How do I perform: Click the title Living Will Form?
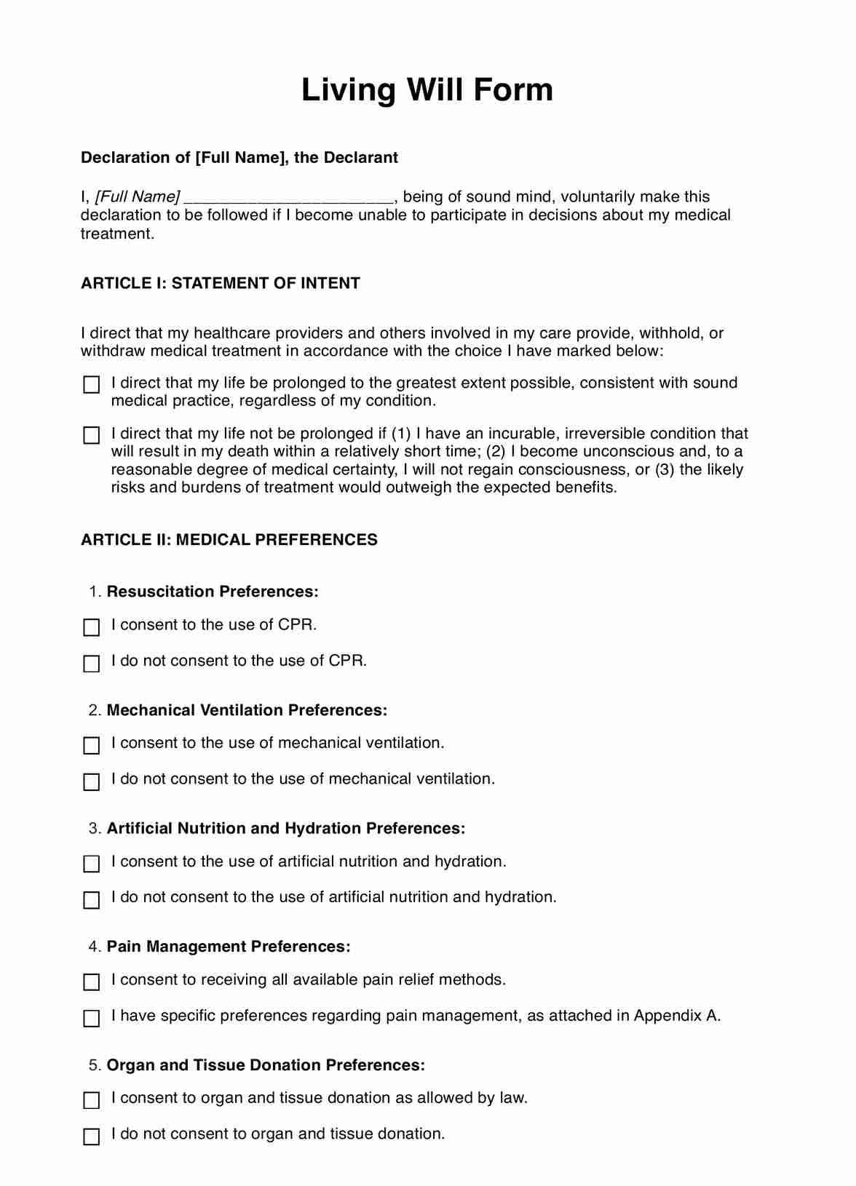427,90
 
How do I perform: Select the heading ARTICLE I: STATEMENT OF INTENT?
220,283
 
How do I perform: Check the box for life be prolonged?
92,384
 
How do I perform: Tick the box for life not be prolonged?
92,435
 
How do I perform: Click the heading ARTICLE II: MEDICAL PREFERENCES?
229,540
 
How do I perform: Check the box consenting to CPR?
92,627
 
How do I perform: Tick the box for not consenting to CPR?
92,664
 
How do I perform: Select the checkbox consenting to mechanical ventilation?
92,746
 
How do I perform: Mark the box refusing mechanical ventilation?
92,781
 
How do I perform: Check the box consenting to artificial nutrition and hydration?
92,864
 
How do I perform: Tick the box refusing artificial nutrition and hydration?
92,900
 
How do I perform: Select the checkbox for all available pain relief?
92,982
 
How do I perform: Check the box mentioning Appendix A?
92,1018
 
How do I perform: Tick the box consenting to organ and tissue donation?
92,1100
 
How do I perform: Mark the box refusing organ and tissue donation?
92,1137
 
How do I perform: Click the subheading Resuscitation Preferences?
213,592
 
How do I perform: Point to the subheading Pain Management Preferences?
229,947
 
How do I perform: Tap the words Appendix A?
676,1016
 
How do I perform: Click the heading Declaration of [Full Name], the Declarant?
239,158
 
